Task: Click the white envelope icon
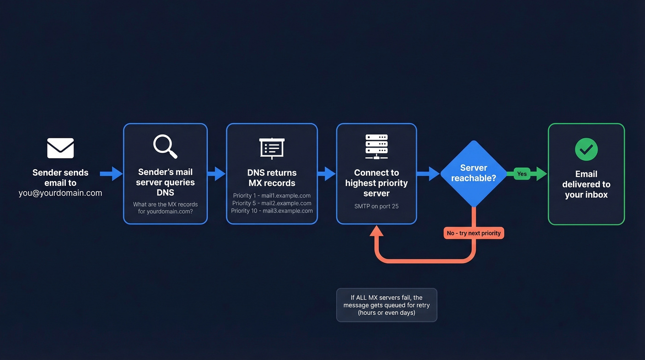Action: (x=60, y=148)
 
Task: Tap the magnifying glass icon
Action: (x=165, y=146)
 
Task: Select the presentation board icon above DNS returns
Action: (x=272, y=148)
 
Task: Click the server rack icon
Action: (x=376, y=147)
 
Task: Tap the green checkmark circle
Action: (x=586, y=149)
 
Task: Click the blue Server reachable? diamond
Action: (x=474, y=173)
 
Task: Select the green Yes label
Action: (x=522, y=174)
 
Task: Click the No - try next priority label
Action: (x=474, y=233)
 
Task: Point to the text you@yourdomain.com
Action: (x=60, y=193)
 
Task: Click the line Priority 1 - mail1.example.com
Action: (x=272, y=195)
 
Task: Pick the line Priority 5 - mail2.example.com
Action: (x=272, y=203)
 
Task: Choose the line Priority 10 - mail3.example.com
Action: (x=272, y=211)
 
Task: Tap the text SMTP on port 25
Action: (x=376, y=206)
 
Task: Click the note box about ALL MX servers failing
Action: (x=387, y=305)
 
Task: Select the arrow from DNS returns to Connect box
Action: (x=327, y=174)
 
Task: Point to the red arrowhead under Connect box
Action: (x=376, y=231)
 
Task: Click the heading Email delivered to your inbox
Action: (x=586, y=184)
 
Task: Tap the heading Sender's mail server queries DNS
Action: (x=165, y=182)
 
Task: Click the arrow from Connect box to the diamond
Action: (x=428, y=174)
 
